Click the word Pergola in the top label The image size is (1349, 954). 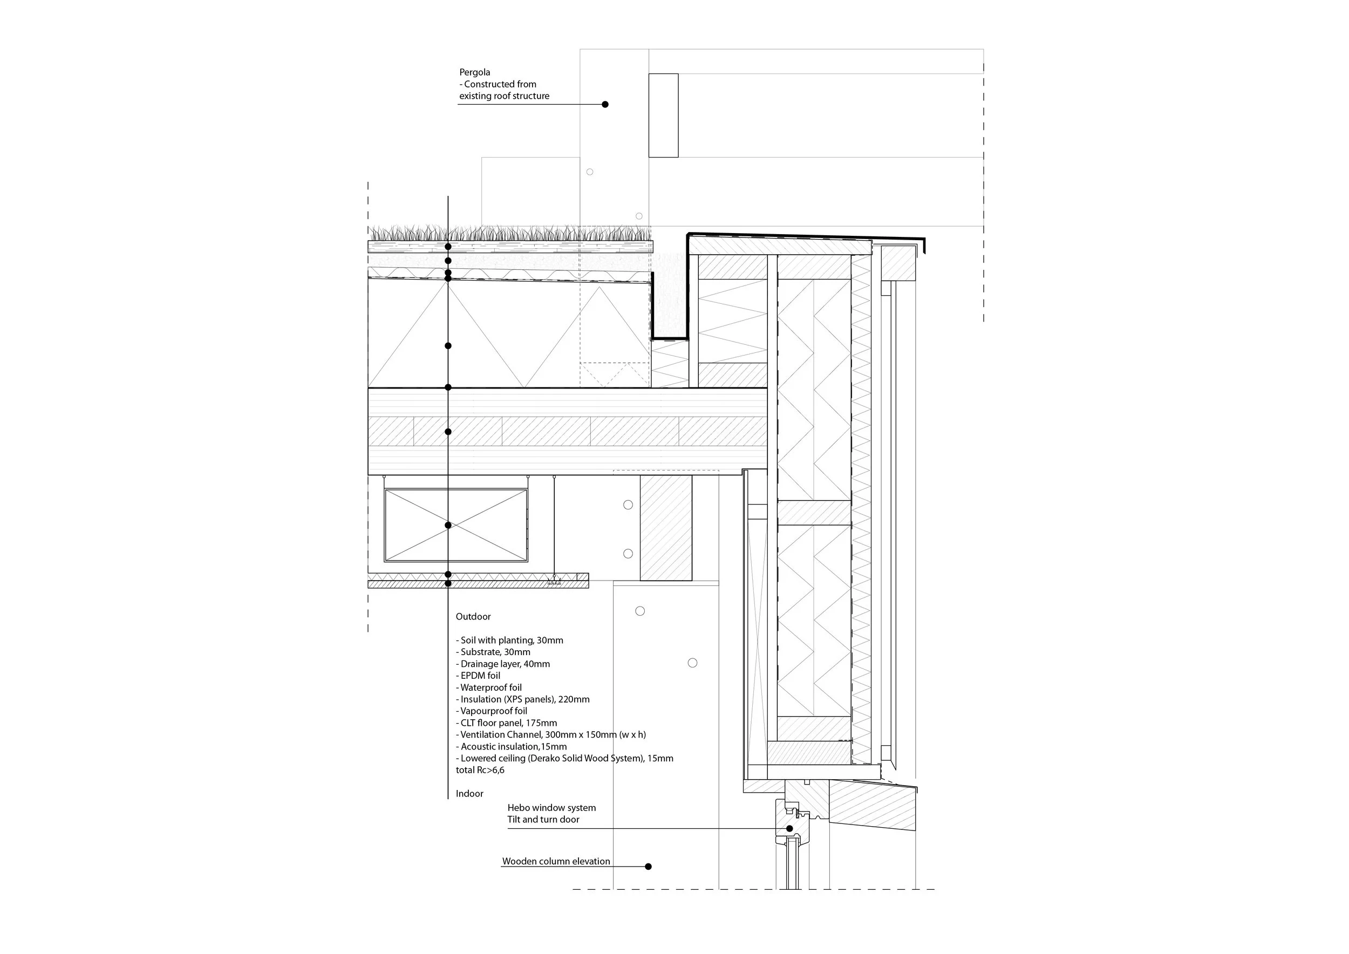pyautogui.click(x=475, y=72)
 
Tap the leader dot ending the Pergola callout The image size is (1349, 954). pyautogui.click(x=605, y=105)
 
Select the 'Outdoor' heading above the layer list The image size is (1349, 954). pyautogui.click(x=473, y=616)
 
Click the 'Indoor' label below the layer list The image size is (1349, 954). pyautogui.click(x=469, y=794)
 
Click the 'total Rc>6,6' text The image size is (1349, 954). pyautogui.click(x=480, y=770)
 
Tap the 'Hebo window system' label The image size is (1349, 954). pyautogui.click(x=551, y=808)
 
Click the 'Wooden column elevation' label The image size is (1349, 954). pyautogui.click(x=556, y=861)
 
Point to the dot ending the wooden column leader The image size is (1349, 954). pyautogui.click(x=648, y=867)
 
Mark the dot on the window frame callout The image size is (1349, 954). pyautogui.click(x=789, y=829)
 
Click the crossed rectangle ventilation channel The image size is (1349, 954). pyautogui.click(x=456, y=525)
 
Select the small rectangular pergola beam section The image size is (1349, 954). pyautogui.click(x=663, y=115)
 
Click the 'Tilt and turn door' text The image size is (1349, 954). pyautogui.click(x=543, y=820)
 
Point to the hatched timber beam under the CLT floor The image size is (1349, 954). pyautogui.click(x=666, y=528)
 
